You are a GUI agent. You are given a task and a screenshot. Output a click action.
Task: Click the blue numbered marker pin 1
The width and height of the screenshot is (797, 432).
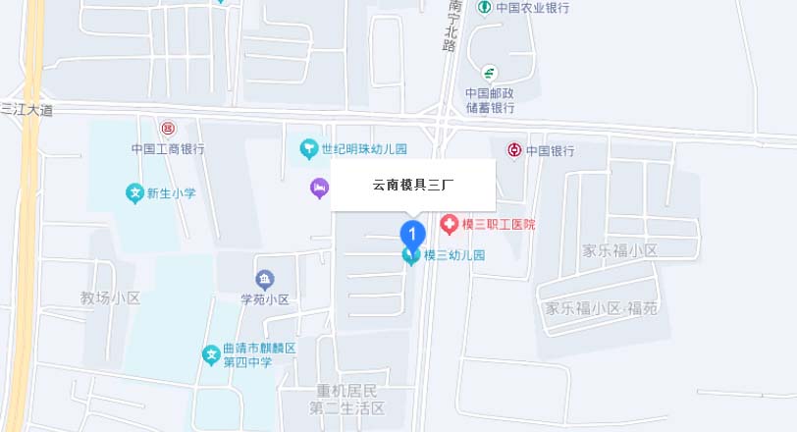click(412, 235)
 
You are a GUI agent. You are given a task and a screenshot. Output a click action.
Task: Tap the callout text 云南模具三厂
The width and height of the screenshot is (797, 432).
click(412, 185)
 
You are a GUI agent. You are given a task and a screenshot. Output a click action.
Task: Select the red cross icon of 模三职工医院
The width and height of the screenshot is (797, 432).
click(450, 225)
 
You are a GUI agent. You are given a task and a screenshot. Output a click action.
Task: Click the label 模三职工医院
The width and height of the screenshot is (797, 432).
click(499, 225)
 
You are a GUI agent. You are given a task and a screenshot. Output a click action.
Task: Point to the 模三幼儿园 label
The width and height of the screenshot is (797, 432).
click(454, 255)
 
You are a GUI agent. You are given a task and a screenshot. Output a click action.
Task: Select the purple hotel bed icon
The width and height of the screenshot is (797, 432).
click(318, 187)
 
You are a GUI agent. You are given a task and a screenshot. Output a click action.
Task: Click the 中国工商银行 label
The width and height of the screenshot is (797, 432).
click(168, 149)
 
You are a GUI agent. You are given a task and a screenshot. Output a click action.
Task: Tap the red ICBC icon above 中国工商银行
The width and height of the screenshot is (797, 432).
click(168, 129)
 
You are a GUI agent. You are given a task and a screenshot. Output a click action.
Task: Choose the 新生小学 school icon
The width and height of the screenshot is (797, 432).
click(134, 193)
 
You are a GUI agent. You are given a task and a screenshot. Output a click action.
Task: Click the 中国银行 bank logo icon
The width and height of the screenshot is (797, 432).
click(513, 150)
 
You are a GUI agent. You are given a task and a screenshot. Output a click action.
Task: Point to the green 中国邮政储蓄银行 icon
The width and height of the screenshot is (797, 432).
click(489, 73)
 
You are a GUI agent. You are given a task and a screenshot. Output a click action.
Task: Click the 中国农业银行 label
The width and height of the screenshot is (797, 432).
click(532, 8)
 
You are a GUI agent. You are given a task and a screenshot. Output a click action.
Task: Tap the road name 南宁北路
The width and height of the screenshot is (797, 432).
click(452, 26)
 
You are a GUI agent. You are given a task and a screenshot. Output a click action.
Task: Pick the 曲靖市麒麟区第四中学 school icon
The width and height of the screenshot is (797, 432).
click(210, 354)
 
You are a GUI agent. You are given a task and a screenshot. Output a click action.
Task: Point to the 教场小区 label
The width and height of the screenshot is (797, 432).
click(111, 297)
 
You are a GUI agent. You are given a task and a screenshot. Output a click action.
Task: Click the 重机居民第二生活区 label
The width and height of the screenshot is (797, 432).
click(347, 399)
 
